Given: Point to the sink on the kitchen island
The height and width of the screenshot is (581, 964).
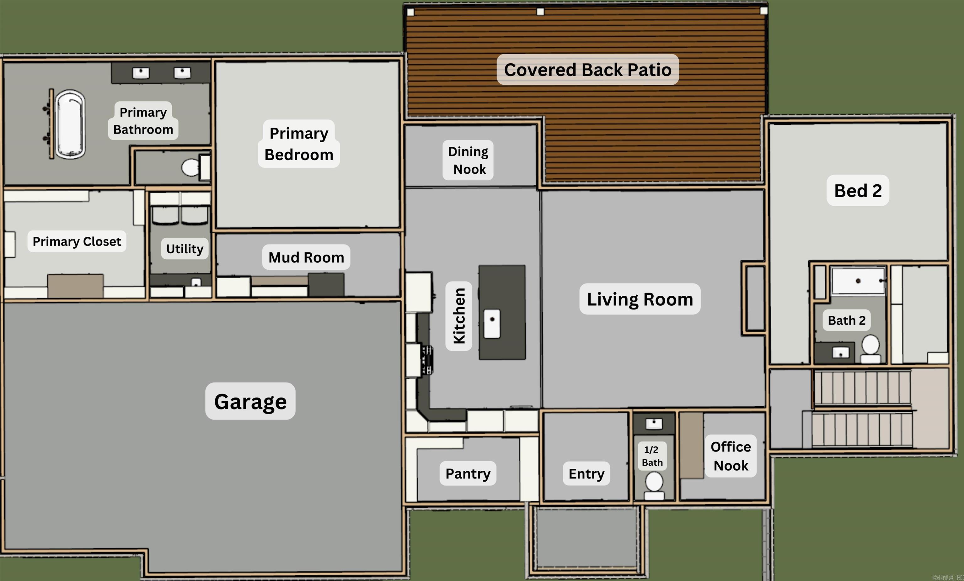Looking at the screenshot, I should click(492, 323).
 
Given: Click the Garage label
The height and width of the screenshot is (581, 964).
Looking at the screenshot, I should click(250, 402).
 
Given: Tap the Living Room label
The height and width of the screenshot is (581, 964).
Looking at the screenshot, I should click(640, 299).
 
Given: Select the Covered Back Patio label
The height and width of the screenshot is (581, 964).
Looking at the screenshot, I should click(588, 70).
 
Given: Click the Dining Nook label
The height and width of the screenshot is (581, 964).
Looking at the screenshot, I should click(468, 160).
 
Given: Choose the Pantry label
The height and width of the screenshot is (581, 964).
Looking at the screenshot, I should click(468, 473).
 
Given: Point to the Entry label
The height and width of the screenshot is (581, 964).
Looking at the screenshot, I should click(586, 473).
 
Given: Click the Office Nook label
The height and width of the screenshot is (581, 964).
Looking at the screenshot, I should click(731, 456).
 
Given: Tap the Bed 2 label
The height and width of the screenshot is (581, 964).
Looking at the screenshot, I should click(858, 191).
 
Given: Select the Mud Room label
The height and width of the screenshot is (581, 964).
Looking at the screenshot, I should click(306, 257).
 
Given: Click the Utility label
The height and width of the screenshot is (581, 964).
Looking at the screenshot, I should click(185, 249).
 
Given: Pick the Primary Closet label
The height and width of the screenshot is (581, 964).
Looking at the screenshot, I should click(77, 242).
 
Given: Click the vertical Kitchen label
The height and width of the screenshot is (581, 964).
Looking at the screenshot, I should click(458, 316).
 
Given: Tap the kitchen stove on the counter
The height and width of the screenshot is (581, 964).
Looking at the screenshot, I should click(426, 360).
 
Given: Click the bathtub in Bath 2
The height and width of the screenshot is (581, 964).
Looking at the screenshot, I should click(858, 280).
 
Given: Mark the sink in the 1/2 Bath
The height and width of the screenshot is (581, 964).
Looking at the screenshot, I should click(654, 423).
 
